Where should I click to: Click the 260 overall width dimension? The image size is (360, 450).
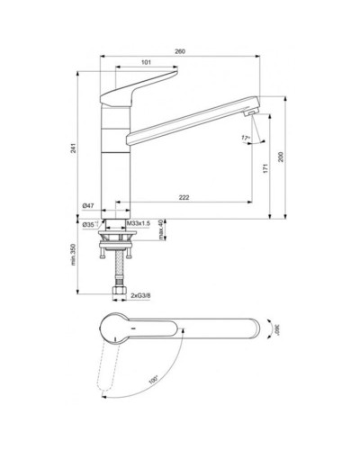click(180, 53)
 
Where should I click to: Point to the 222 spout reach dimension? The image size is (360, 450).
click(184, 196)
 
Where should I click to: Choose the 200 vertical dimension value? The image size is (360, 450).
click(281, 156)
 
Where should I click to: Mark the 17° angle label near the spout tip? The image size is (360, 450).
click(246, 138)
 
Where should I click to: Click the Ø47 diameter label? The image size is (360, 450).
click(89, 206)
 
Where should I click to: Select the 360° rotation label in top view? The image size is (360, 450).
click(277, 331)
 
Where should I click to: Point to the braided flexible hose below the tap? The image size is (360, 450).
click(116, 269)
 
